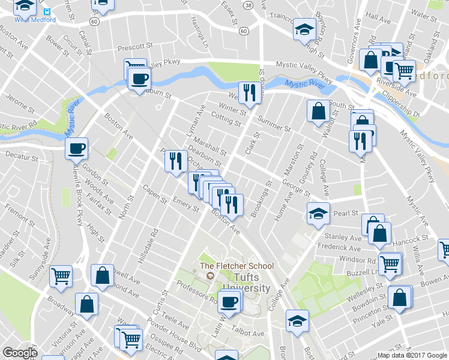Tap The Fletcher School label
237,266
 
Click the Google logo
20,353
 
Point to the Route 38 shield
248,4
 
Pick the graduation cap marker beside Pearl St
318,213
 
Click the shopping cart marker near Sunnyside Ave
61,276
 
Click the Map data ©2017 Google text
412,355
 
